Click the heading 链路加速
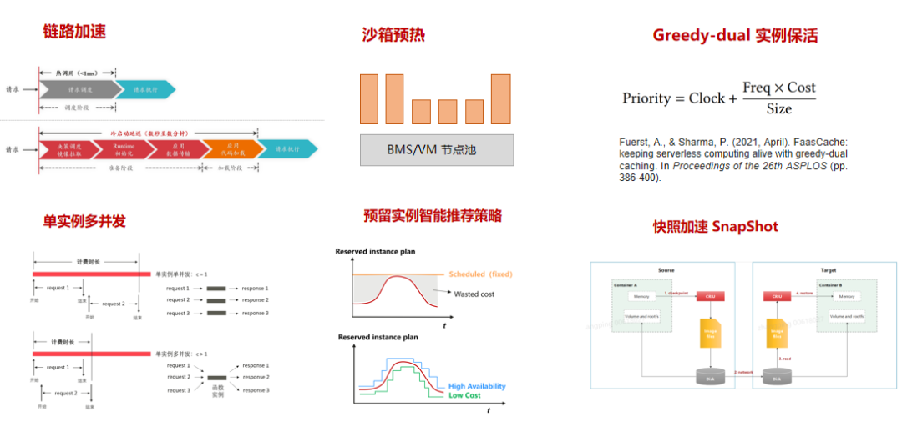click(74, 32)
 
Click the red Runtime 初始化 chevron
click(124, 149)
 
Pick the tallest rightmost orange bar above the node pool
click(500, 98)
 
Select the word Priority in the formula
click(646, 98)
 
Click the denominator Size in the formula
click(778, 109)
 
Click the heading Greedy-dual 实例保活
click(735, 35)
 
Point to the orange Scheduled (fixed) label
click(480, 274)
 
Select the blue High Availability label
click(477, 386)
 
